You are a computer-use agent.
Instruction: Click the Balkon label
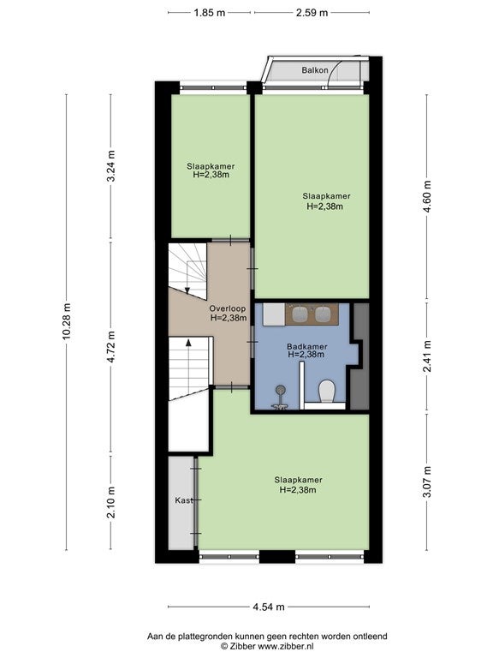(x=315, y=70)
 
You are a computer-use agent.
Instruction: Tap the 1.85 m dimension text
(x=210, y=13)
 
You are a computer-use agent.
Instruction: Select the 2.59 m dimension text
(x=312, y=13)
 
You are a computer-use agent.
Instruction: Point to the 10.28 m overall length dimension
(x=66, y=322)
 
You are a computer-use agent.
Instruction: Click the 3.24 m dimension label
(x=111, y=165)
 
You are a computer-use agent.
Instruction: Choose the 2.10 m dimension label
(x=111, y=502)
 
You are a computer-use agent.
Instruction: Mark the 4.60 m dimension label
(x=427, y=196)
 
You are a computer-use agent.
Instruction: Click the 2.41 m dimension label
(x=427, y=356)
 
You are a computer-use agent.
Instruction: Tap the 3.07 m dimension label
(x=427, y=482)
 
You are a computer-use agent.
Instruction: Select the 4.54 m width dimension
(x=268, y=607)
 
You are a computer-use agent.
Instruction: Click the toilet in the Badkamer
(x=327, y=391)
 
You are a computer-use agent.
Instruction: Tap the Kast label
(x=184, y=500)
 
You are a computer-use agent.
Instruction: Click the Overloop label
(x=222, y=308)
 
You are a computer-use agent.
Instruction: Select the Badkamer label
(x=307, y=347)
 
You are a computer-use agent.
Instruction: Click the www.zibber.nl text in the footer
(x=285, y=647)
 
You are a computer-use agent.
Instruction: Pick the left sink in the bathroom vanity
(x=300, y=313)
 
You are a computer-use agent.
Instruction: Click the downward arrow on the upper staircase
(x=187, y=290)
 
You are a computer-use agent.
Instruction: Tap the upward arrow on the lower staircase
(x=188, y=343)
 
